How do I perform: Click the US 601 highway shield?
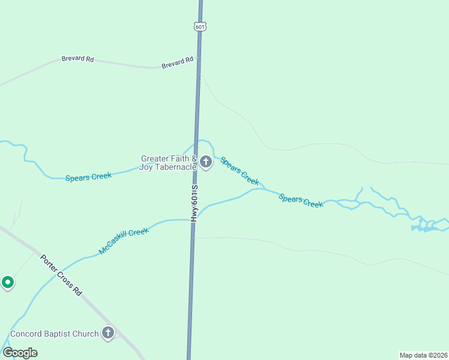point(200,26)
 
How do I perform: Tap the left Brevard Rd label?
point(77,59)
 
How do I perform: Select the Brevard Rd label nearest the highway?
point(178,62)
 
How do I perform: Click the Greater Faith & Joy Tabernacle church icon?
point(206,161)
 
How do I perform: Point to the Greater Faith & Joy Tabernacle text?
point(168,163)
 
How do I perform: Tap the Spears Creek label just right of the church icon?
point(240,170)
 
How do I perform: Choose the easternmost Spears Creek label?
point(301,200)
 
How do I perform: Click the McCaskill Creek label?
point(124,240)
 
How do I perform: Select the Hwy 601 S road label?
point(194,204)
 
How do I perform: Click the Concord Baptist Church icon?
point(108,333)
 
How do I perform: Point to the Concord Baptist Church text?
point(54,334)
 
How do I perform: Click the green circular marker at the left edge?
point(7,281)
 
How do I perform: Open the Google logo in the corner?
point(20,353)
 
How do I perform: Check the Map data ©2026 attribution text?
point(423,355)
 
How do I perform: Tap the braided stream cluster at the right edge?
point(427,225)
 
